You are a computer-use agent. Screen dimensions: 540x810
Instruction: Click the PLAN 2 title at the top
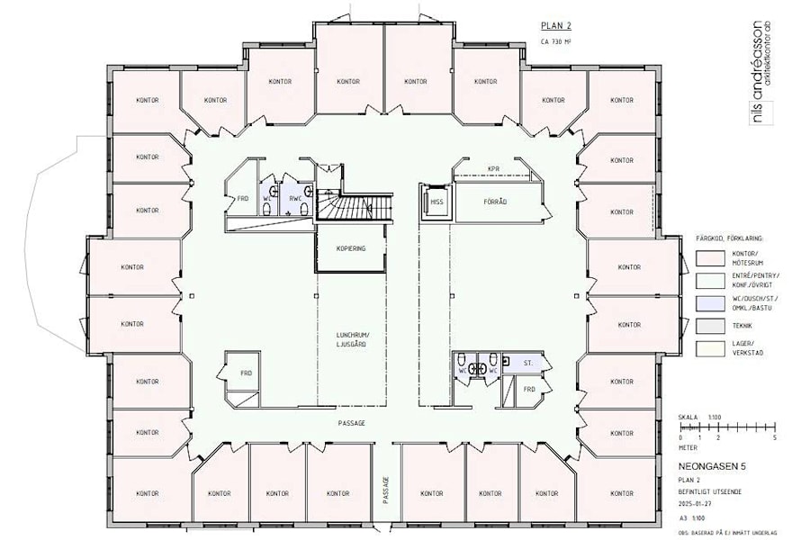555,26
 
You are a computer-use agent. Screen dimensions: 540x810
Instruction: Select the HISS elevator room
437,202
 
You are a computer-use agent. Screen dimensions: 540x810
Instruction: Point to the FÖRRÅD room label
496,202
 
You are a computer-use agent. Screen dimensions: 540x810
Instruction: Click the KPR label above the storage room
492,168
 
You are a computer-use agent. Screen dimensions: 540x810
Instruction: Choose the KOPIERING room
351,248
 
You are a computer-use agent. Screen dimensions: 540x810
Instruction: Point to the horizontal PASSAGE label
352,423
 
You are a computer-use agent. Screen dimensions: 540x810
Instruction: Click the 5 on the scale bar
774,437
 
